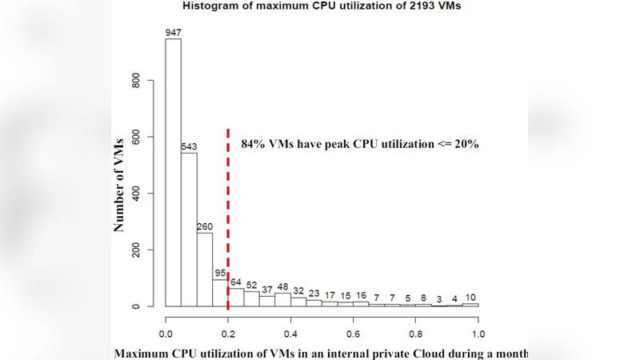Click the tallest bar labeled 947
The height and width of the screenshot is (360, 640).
(173, 172)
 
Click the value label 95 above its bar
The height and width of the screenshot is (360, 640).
(221, 274)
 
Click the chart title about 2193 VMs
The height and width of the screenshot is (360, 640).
(322, 6)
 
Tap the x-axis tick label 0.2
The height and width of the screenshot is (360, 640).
(228, 333)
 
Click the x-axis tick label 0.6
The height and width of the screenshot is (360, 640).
(353, 333)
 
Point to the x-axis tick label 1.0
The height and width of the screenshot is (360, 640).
(478, 333)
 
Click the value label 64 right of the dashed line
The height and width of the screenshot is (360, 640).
(236, 282)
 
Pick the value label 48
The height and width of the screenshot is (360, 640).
(283, 287)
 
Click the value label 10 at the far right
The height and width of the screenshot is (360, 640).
(470, 298)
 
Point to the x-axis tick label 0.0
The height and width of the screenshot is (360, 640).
(166, 333)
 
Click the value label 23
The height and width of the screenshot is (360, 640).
(314, 294)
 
